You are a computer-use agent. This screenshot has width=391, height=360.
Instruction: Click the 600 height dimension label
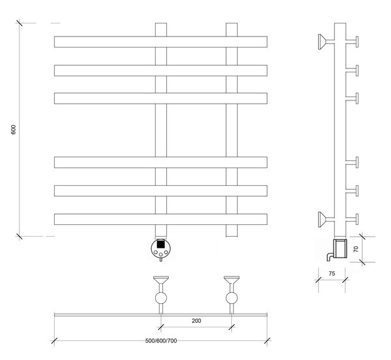pos(14,130)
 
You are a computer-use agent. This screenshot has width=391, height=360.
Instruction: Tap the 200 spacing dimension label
pos(196,321)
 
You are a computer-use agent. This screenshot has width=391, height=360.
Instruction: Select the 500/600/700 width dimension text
pos(161,341)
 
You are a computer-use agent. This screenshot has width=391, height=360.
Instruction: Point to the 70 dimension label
pos(356,249)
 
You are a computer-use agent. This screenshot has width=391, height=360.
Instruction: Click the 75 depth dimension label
pos(332,273)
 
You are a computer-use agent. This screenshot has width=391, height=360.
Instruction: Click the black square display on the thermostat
pos(161,244)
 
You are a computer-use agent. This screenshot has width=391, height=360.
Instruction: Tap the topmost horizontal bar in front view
pos(161,42)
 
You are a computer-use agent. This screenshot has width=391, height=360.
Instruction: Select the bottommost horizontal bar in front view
pos(161,219)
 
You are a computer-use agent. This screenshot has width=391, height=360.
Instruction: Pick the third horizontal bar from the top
pos(161,98)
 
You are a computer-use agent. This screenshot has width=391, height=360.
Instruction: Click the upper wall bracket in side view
pos(323,42)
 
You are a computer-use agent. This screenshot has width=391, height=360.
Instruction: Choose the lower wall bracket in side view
pos(323,219)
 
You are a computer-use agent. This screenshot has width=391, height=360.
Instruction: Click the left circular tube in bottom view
pos(161,298)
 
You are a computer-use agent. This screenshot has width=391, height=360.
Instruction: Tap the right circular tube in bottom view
pos(231,298)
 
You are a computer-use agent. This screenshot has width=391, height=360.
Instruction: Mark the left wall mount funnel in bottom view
pos(161,280)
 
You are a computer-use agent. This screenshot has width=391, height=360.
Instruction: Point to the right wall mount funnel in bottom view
pos(231,280)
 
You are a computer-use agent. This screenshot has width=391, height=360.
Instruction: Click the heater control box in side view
pos(340,248)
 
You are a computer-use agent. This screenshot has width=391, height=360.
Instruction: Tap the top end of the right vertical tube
pos(231,23)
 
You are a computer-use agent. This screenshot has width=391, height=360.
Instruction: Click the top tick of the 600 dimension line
pos(19,23)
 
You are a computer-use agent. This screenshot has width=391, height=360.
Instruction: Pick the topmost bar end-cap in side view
pos(357,42)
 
